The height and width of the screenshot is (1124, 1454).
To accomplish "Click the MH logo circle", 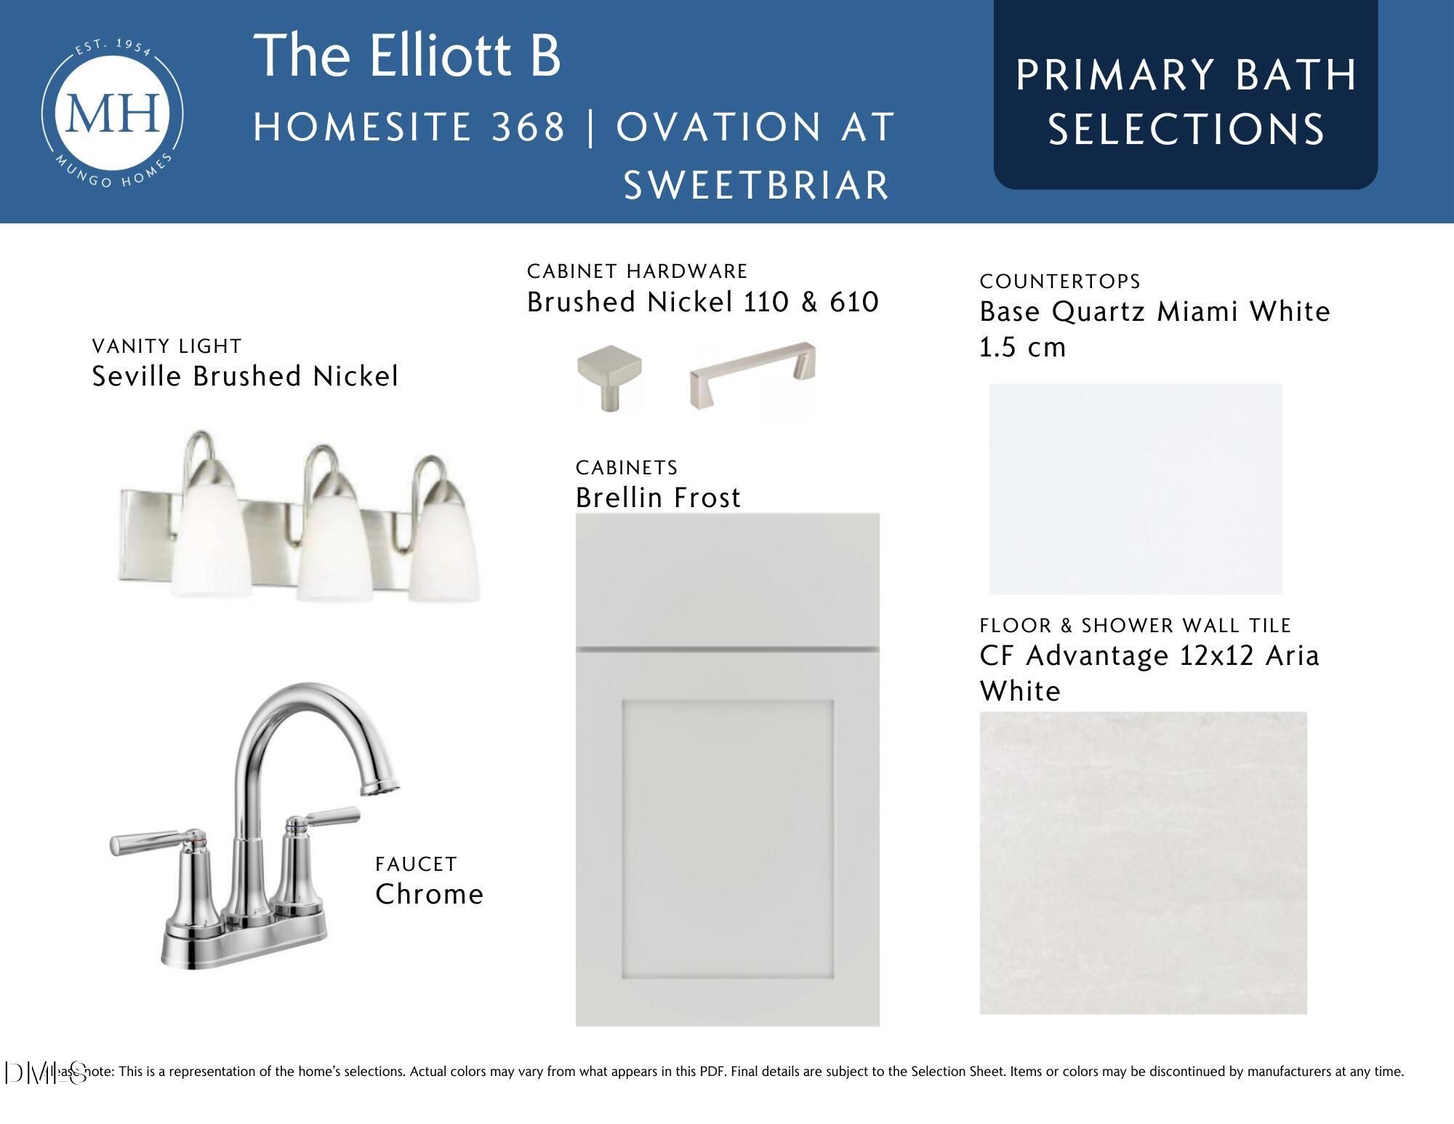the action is click(x=112, y=113).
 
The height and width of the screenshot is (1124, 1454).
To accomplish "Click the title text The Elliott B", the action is click(x=407, y=55).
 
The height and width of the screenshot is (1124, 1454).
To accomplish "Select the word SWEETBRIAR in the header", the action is click(x=757, y=185).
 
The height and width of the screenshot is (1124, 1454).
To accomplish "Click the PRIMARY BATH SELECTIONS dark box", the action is click(x=1186, y=95).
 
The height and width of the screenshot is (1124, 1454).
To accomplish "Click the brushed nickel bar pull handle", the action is click(x=752, y=375).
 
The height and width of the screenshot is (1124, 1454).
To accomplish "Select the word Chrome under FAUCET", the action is click(x=429, y=894).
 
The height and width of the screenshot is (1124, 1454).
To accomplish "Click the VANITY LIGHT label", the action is click(x=166, y=346).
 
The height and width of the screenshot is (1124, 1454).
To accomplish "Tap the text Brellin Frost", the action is click(x=658, y=498).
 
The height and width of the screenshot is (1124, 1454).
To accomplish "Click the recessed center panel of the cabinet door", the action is click(x=728, y=840).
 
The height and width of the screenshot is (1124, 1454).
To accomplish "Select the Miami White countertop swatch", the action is click(x=1136, y=488).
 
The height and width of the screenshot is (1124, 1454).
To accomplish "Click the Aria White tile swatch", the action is click(x=1143, y=863).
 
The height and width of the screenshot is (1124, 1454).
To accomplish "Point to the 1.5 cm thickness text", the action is click(x=1022, y=347).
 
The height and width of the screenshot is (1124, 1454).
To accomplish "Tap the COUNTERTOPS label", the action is click(x=1060, y=282).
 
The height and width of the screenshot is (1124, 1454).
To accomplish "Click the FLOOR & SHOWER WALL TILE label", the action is click(x=1135, y=626).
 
